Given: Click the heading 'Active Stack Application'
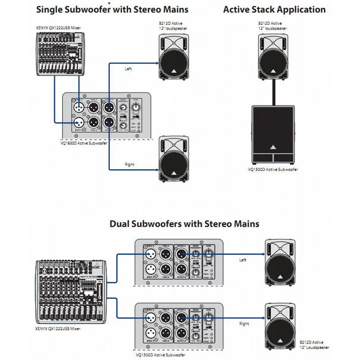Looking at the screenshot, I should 274,9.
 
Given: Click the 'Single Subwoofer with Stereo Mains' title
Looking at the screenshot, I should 112,9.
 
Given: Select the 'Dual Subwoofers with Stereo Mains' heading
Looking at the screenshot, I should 184,224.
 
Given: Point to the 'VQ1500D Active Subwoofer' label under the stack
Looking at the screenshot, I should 273,169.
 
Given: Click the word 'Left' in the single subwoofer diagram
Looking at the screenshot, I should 129,69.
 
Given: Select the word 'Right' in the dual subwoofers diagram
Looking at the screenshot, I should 244,324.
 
